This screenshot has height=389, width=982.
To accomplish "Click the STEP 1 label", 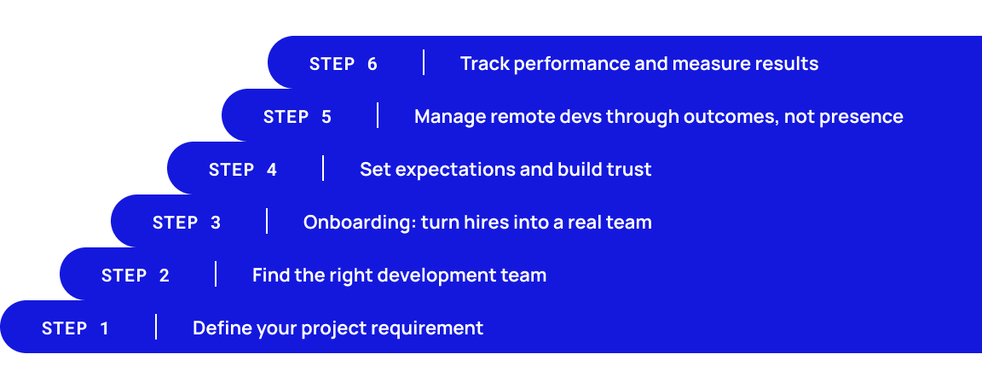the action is (75, 328).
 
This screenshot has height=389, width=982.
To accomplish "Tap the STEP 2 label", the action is (136, 276).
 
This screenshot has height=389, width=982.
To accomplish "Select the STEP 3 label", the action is (187, 223).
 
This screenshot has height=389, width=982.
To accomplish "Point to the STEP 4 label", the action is (243, 170).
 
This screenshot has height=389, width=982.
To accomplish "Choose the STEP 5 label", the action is (297, 117).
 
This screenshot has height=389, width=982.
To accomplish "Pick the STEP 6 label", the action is (344, 64).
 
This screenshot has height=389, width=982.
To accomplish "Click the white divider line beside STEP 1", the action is (156, 327).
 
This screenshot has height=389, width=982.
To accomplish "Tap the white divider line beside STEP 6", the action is (424, 62).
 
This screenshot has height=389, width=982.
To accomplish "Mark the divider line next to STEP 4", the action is (323, 168).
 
